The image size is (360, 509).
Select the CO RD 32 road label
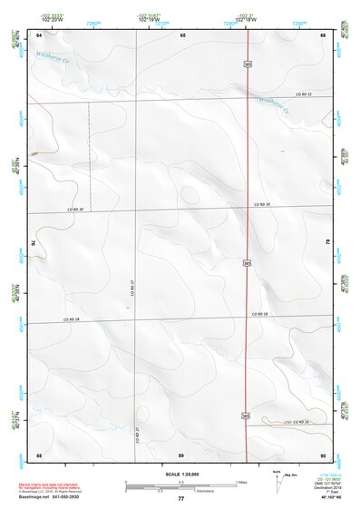[304, 94]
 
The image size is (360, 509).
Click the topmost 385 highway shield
[248, 64]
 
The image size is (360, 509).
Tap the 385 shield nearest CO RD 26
[248, 416]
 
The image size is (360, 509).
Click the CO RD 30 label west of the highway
[74, 210]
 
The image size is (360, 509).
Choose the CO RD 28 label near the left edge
[72, 319]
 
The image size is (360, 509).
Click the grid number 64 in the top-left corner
[39, 34]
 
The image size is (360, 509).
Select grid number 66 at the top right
[323, 34]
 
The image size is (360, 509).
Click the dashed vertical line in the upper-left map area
[89, 154]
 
